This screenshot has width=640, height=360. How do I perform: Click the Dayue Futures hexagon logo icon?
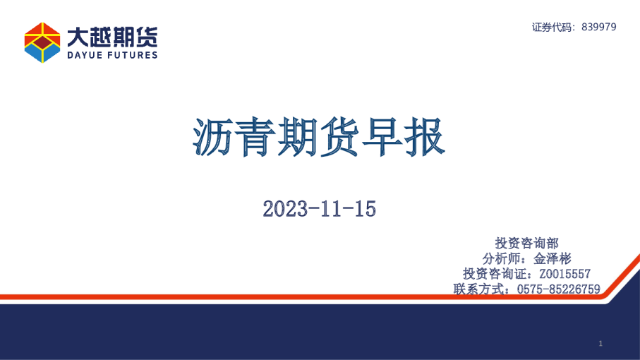(x=42, y=42)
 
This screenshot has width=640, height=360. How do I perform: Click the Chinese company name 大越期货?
(x=112, y=35)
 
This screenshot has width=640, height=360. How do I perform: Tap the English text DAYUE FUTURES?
(x=112, y=54)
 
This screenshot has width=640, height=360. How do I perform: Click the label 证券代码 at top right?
(x=553, y=27)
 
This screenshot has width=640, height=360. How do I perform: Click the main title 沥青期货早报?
(x=319, y=137)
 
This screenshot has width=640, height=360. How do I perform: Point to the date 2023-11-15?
(x=319, y=208)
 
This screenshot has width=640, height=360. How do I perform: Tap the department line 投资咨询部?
(x=527, y=244)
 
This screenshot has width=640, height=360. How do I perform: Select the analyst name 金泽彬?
(x=553, y=258)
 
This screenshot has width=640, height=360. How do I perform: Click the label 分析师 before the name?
(x=503, y=258)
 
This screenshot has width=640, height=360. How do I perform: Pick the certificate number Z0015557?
(x=564, y=274)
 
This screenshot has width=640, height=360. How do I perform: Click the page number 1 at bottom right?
(x=600, y=344)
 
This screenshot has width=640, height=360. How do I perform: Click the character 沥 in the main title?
(x=213, y=137)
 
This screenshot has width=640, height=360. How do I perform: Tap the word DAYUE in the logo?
(x=84, y=54)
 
